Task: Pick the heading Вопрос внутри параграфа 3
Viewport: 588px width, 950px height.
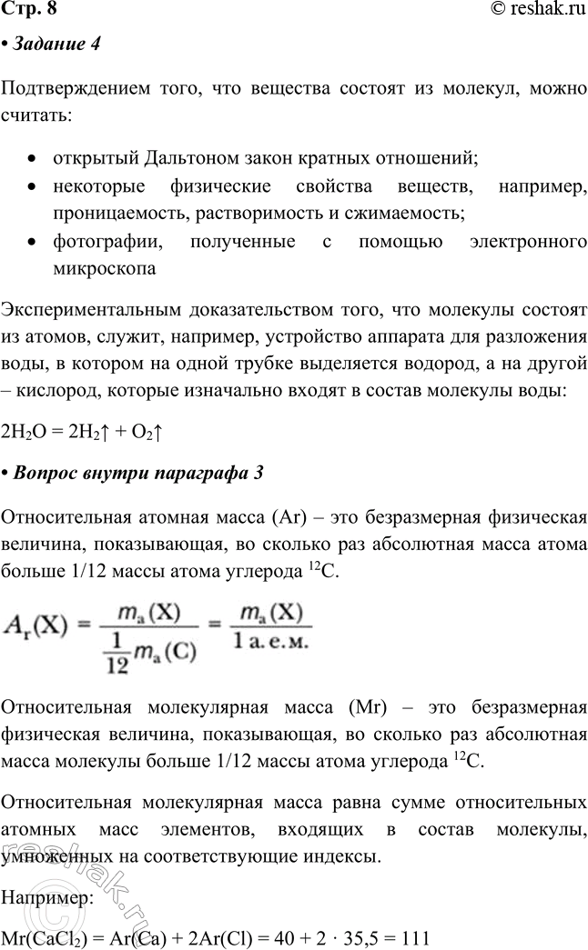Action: pyautogui.click(x=137, y=472)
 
